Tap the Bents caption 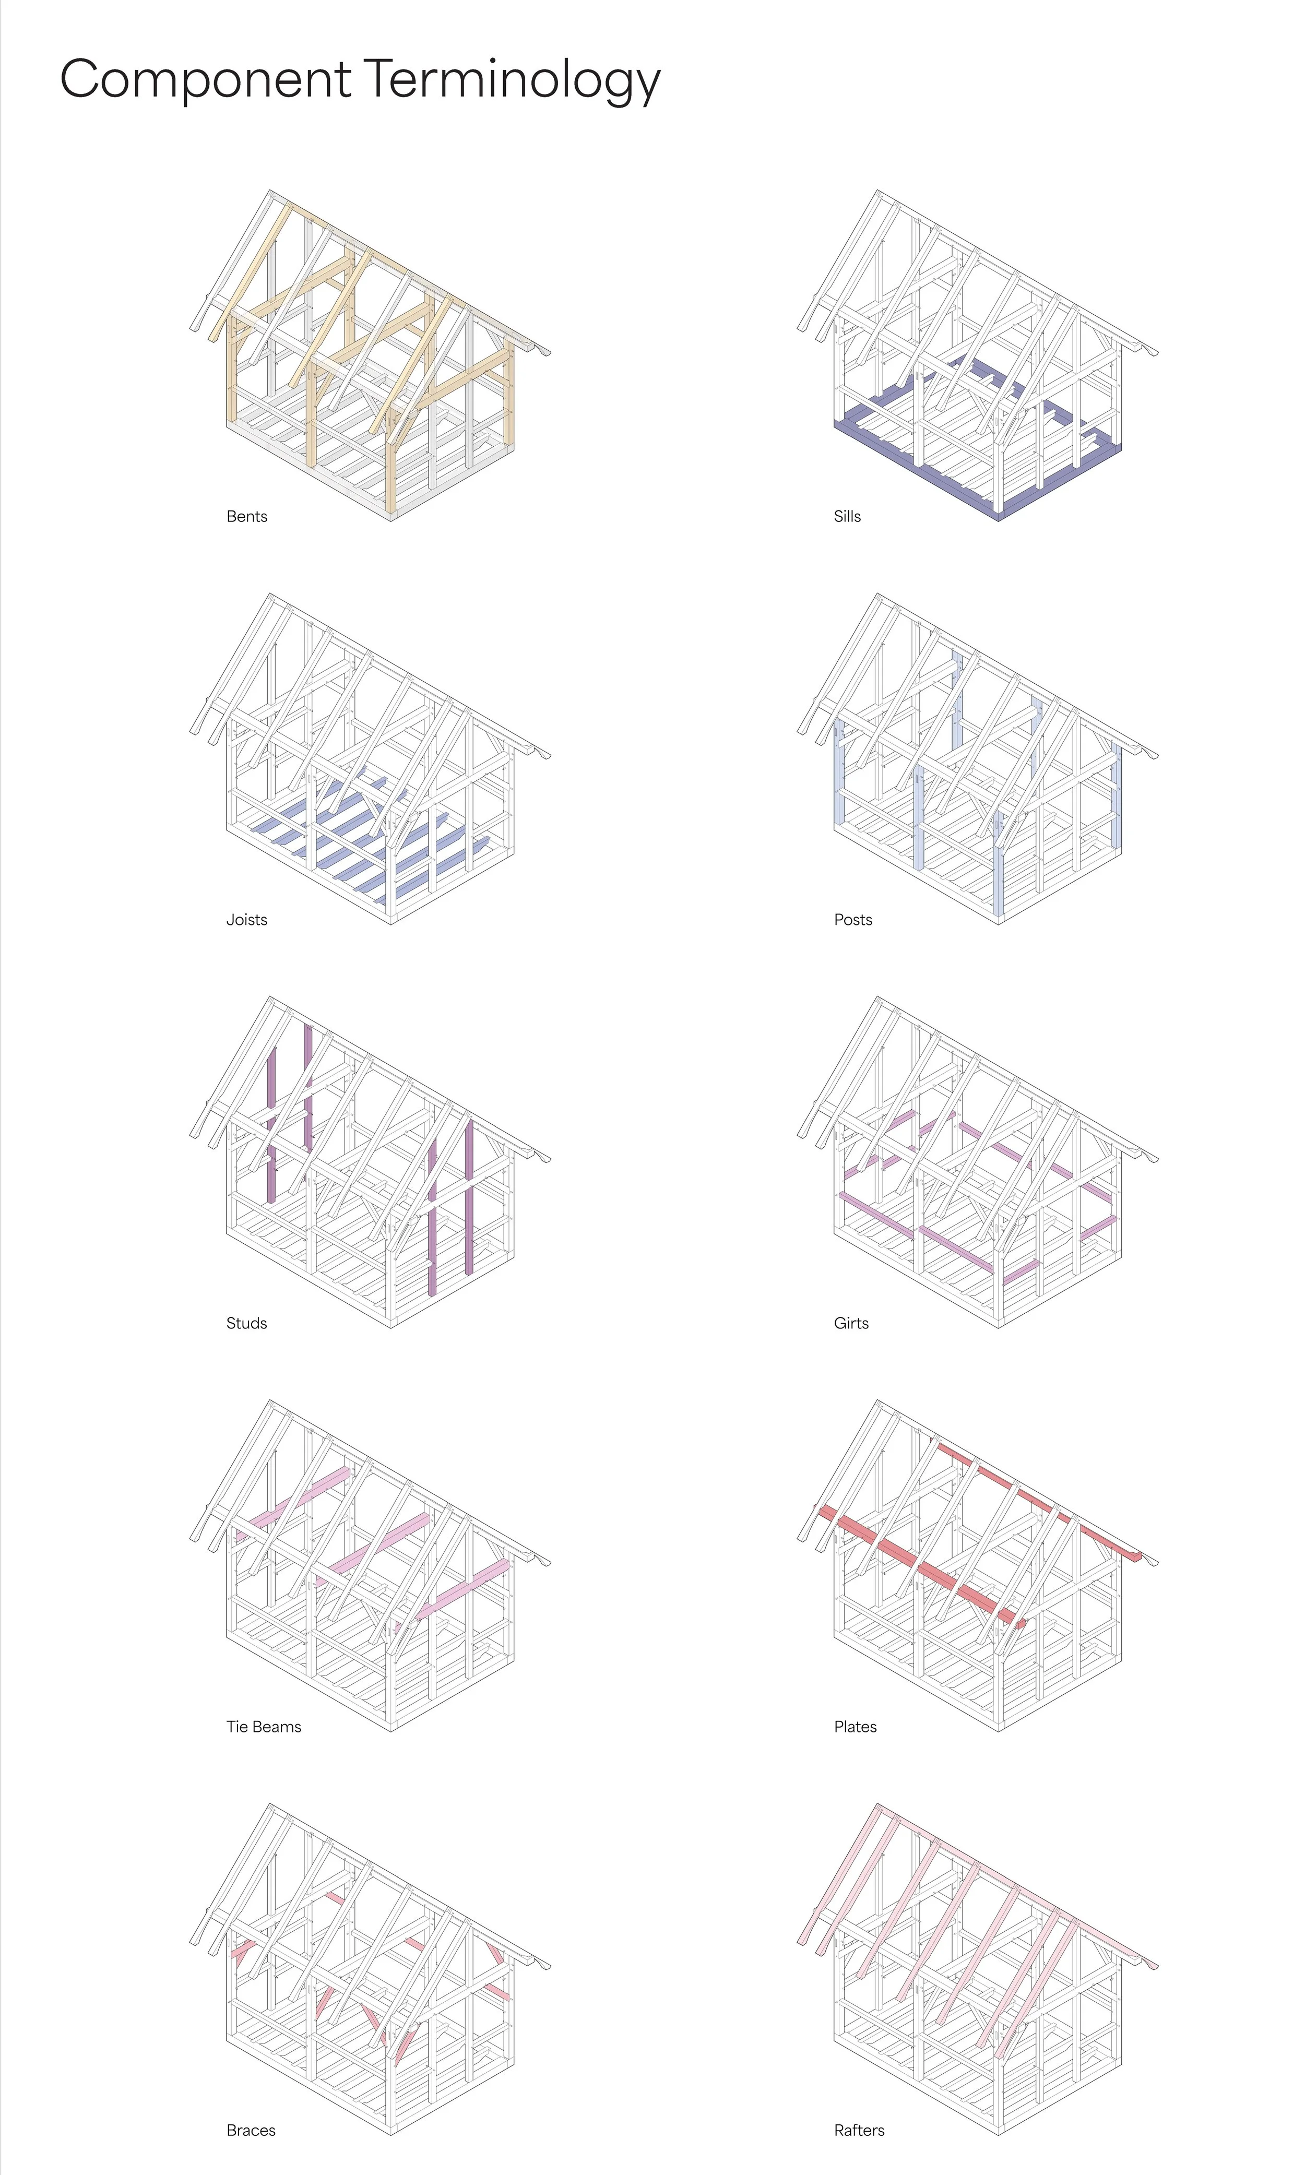(246, 516)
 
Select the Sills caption (847, 516)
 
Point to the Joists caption (246, 920)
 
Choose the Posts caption (853, 920)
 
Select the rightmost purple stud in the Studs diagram (469, 1196)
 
